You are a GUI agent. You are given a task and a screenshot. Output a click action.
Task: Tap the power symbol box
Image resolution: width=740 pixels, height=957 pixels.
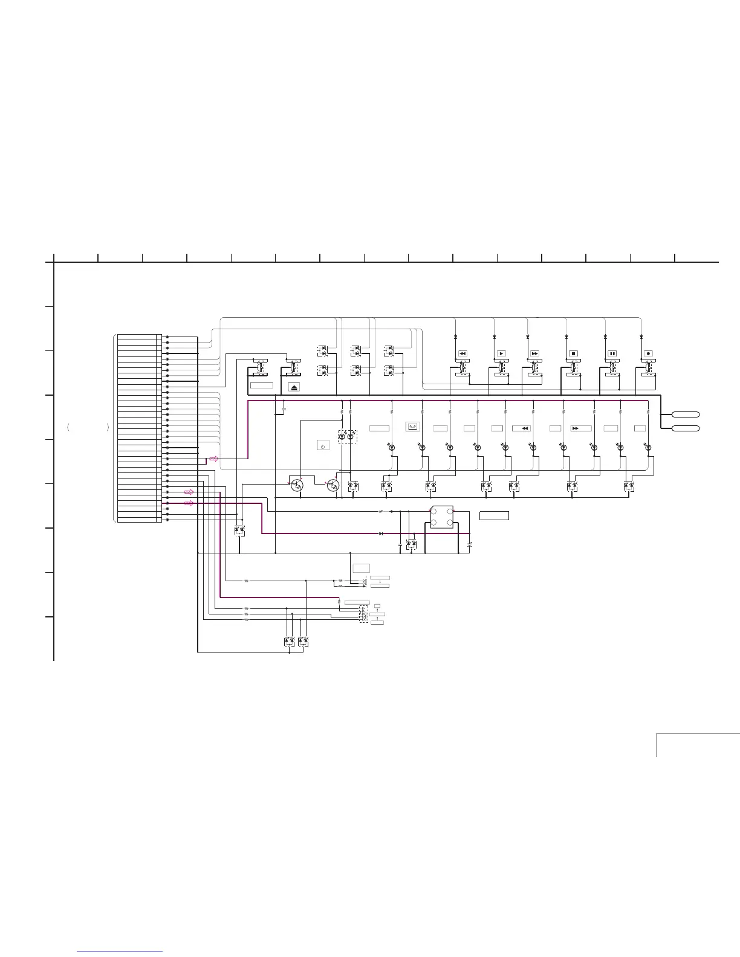click(323, 446)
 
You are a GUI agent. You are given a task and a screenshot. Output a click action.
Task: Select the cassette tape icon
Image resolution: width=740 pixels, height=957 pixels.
click(412, 427)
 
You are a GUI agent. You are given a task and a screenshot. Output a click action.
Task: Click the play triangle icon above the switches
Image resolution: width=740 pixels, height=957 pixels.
click(501, 353)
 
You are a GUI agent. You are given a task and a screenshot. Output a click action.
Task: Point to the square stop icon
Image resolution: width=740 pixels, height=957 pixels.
click(573, 353)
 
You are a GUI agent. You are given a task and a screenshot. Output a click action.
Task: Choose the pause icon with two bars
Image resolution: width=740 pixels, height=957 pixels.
click(611, 353)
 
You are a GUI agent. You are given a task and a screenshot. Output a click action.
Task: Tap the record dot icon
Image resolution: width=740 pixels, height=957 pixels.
click(648, 353)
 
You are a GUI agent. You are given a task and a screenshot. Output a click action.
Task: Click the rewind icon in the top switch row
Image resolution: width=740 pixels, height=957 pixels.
click(462, 353)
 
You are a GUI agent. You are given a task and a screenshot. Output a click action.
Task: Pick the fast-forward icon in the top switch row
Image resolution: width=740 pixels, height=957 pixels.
click(534, 353)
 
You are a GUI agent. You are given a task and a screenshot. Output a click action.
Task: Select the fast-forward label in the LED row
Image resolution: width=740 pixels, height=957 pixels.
click(580, 428)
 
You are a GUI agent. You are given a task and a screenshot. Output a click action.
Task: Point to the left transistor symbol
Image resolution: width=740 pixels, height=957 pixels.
click(297, 485)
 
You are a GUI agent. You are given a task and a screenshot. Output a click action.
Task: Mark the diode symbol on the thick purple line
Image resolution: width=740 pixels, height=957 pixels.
click(380, 533)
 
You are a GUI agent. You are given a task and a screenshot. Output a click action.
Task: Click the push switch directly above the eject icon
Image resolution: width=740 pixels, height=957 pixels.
click(294, 367)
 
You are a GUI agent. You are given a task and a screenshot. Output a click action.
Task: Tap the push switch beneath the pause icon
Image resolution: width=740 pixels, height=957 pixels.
click(612, 367)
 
